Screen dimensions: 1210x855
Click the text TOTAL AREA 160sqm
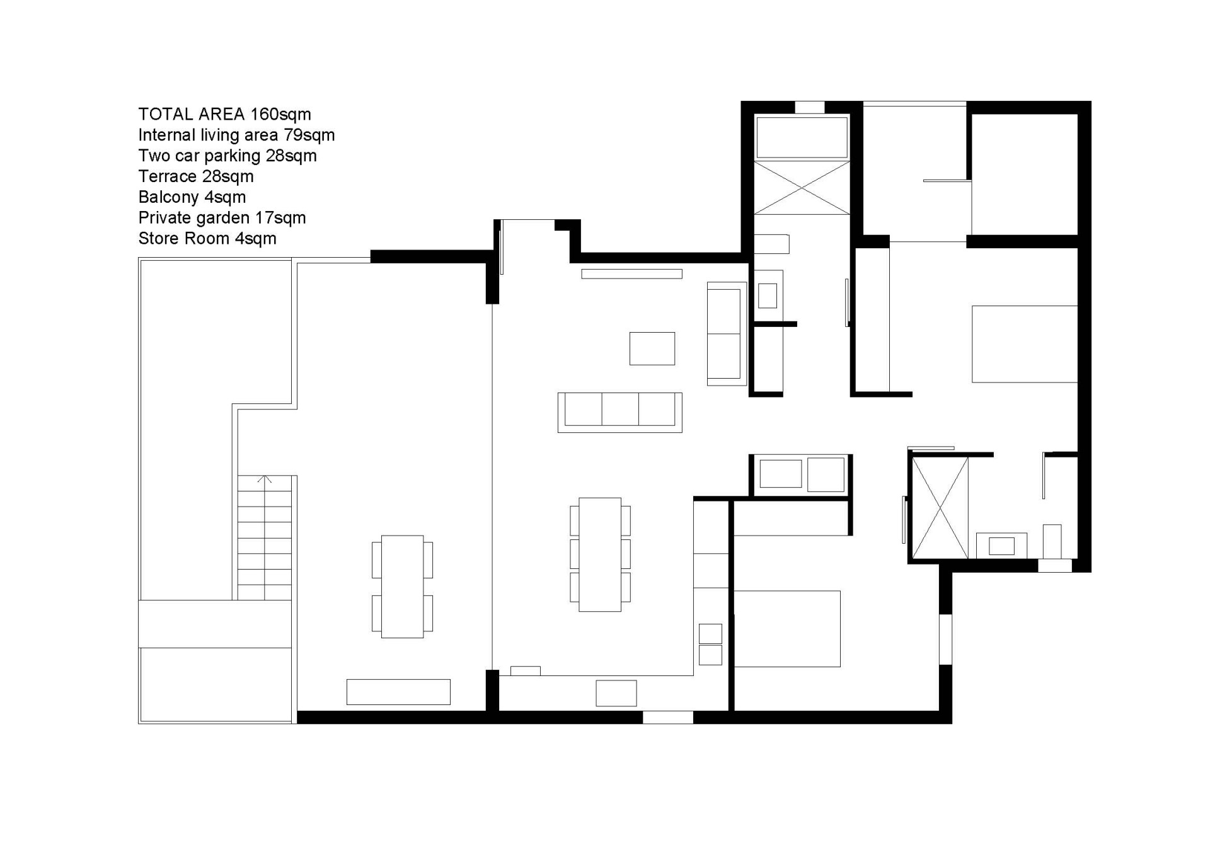coord(224,114)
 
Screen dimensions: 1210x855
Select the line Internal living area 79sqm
coord(236,135)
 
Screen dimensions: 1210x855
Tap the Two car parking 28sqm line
coord(228,156)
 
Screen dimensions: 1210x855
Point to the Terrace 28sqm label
coord(196,176)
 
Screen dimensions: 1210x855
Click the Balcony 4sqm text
coord(192,197)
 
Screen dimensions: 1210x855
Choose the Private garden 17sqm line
coord(222,218)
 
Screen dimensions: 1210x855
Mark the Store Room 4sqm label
coord(207,239)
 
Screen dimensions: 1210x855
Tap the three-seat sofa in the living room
coord(619,412)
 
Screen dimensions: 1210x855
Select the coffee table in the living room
coord(652,348)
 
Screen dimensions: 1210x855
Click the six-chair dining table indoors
coord(600,554)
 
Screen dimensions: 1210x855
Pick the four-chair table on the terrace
coord(402,587)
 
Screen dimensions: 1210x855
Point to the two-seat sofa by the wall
coord(727,333)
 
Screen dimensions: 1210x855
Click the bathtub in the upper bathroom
coord(802,137)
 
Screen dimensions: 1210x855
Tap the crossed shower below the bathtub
coord(802,188)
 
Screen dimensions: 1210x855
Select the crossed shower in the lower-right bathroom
coord(940,508)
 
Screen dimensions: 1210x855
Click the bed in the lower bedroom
coord(787,628)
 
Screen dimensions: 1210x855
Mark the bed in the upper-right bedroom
coord(1025,344)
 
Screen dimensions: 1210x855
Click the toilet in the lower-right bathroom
coord(1052,541)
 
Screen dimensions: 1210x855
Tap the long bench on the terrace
coord(398,692)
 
